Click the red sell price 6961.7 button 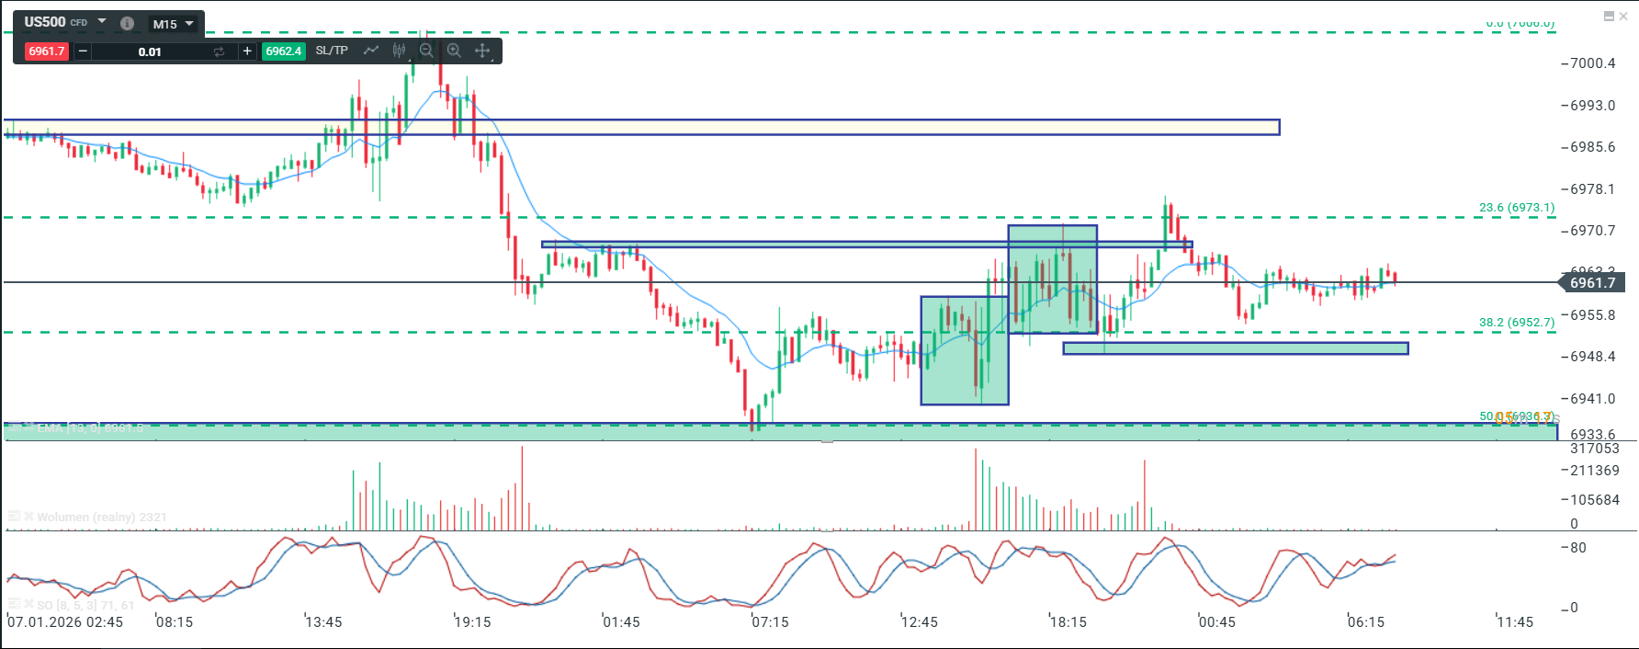coord(47,51)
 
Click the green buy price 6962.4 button coord(284,51)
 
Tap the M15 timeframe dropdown coord(173,24)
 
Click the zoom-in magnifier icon coord(454,51)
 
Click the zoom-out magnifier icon coord(426,51)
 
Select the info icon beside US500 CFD coord(128,24)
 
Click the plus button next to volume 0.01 coord(247,51)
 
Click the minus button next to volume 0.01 coord(83,51)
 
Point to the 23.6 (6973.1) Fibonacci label coord(1517,208)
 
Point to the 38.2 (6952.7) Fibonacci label coord(1517,323)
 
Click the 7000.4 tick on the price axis coord(1592,63)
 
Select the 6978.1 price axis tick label coord(1592,189)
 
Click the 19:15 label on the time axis coord(473,622)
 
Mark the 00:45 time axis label coord(1217,622)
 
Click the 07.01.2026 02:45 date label coord(65,622)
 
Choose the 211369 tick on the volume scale coord(1595,471)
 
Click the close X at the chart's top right coord(1623,17)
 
